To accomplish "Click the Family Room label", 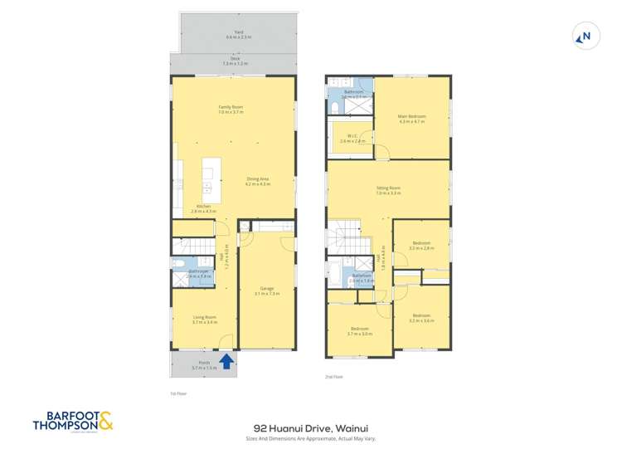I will [x=231, y=108].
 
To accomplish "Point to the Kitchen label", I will [x=204, y=207].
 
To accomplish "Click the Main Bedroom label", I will [x=411, y=118].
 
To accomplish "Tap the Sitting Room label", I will [x=388, y=191].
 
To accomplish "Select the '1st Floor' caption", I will [x=176, y=395].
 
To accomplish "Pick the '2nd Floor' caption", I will [x=334, y=376].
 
